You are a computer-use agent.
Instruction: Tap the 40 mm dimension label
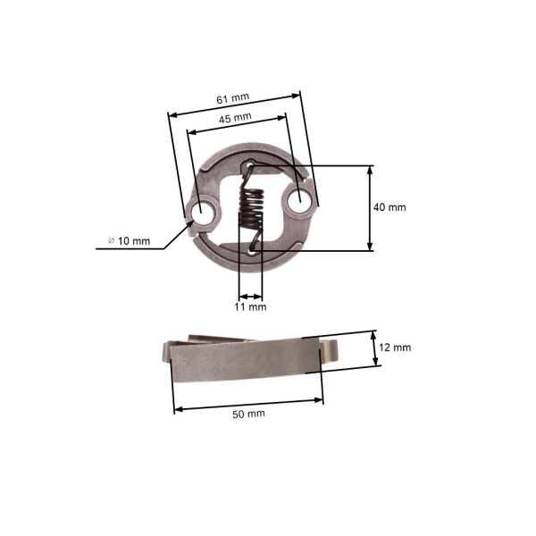point(390,206)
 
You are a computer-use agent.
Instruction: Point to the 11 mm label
point(251,306)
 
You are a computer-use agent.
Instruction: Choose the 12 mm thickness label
point(396,347)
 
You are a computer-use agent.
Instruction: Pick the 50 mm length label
point(248,414)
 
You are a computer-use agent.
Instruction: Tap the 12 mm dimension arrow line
point(375,347)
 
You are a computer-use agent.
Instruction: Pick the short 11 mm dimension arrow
point(251,297)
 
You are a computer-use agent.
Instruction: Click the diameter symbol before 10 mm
point(112,241)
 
